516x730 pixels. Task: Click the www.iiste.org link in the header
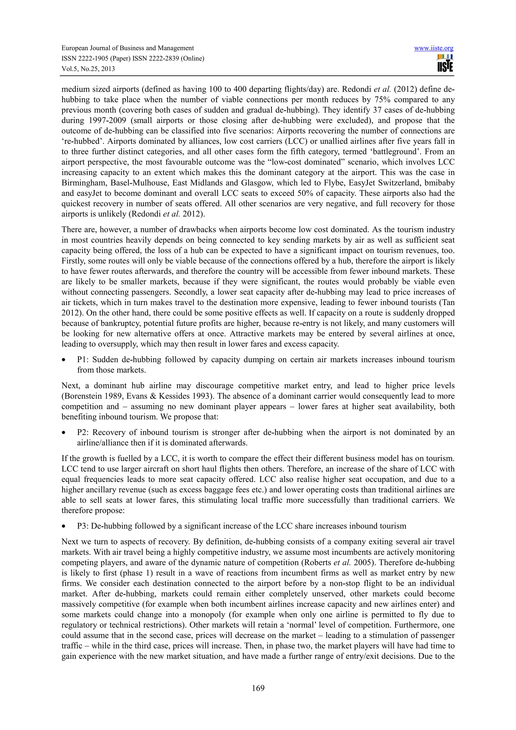coord(434,48)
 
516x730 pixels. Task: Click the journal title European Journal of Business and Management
coord(127,48)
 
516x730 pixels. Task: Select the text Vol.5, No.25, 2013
coord(88,69)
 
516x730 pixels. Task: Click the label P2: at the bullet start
coord(84,433)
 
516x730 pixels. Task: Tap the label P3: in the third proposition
coord(83,526)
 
